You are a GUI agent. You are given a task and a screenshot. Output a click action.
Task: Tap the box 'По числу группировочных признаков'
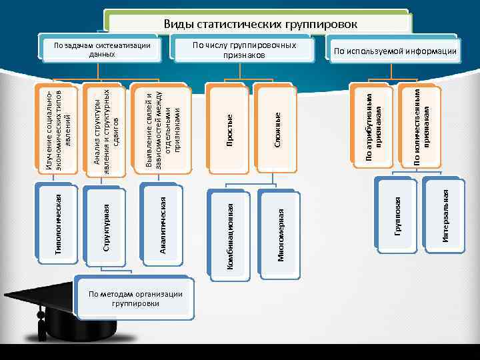(244, 49)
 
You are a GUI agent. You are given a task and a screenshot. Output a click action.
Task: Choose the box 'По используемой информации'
(395, 51)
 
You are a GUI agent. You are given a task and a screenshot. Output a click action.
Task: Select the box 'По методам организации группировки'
(136, 297)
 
